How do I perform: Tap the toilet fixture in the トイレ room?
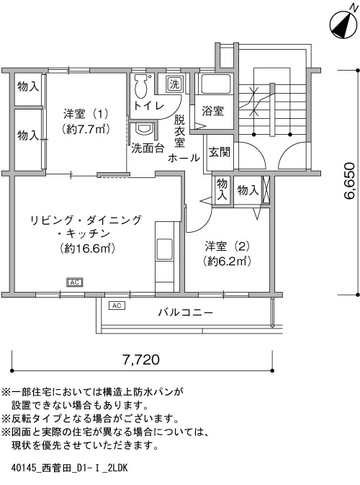coord(142,85)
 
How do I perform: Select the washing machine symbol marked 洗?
coord(174,84)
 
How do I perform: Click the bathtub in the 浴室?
coord(216,84)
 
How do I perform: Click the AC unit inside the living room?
coord(75,282)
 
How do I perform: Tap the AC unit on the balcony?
coord(117,306)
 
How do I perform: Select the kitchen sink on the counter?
coord(164,249)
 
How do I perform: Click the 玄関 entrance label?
coord(219,151)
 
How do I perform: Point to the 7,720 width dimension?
coord(141,360)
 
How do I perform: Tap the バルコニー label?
coord(186,312)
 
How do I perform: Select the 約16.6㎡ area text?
coord(87,248)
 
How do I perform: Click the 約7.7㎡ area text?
coord(86,129)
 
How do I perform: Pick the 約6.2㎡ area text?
coord(227,262)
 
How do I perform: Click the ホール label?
coord(184,158)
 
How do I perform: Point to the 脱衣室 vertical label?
coord(179,131)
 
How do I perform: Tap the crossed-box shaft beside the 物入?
coord(266,190)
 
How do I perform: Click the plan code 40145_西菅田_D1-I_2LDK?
coord(69,468)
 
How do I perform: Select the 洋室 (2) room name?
coord(227,246)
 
